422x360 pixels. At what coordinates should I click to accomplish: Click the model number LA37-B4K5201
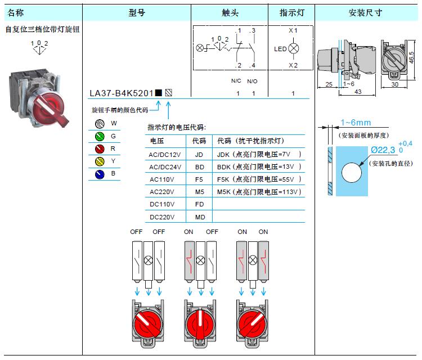[x=122, y=93]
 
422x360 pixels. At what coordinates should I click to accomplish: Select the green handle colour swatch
[x=100, y=137]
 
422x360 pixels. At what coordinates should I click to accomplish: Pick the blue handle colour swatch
[x=100, y=174]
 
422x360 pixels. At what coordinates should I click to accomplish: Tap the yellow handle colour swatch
[x=100, y=161]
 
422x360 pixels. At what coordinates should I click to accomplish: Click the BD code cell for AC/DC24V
[x=199, y=167]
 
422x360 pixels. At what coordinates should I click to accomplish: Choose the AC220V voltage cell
[x=162, y=192]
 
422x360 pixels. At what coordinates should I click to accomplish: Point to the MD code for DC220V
[x=200, y=217]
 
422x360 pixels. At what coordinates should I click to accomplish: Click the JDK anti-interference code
[x=223, y=155]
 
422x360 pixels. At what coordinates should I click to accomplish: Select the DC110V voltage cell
[x=162, y=204]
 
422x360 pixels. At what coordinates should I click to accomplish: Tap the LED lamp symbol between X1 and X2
[x=293, y=48]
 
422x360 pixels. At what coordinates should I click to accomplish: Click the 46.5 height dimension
[x=412, y=57]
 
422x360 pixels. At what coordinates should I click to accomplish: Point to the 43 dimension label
[x=358, y=92]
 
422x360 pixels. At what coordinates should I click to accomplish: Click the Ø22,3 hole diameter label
[x=383, y=150]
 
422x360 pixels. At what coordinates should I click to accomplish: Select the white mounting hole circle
[x=352, y=173]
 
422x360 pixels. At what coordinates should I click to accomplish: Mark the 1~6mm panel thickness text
[x=356, y=123]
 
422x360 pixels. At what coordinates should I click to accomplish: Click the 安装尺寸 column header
[x=366, y=12]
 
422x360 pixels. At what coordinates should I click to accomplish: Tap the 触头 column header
[x=230, y=12]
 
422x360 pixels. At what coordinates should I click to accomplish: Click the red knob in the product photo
[x=50, y=107]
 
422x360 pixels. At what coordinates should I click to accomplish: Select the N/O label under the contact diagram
[x=252, y=81]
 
